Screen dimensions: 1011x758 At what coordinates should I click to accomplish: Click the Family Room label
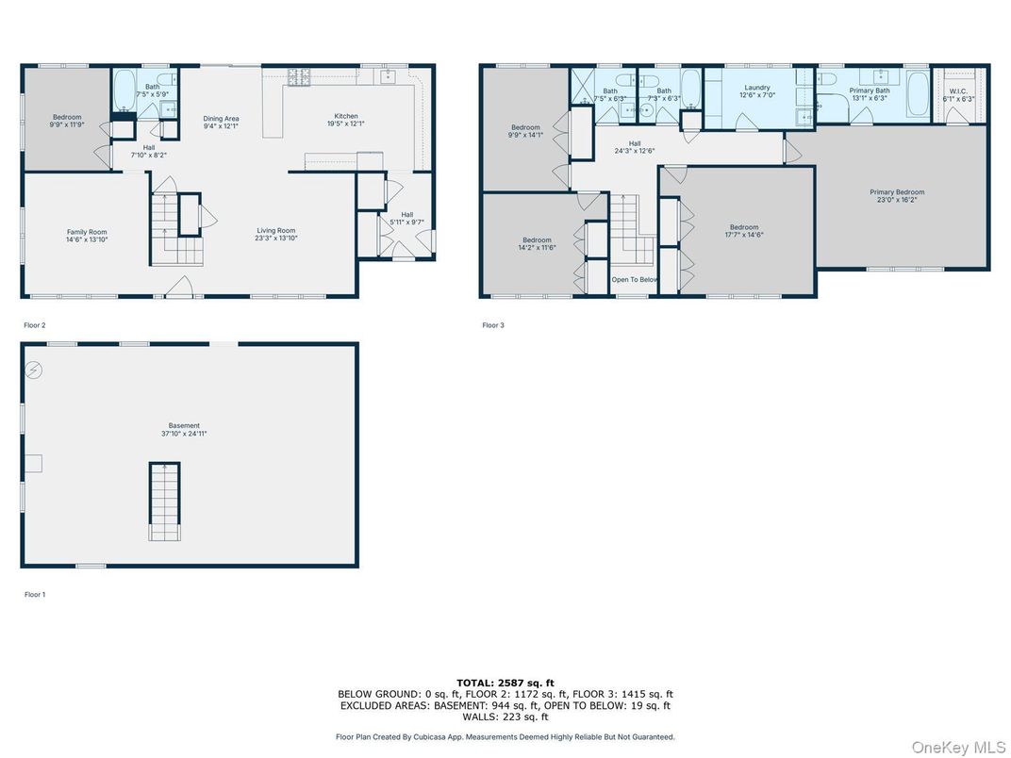pos(87,232)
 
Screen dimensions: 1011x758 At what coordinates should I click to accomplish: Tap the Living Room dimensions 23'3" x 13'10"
pos(276,239)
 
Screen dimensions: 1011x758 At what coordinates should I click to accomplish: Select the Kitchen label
pos(346,116)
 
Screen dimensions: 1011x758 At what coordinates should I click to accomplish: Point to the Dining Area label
pos(221,119)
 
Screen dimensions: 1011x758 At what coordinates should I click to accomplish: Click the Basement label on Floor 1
pos(185,425)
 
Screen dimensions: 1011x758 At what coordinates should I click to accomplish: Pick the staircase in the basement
pos(165,501)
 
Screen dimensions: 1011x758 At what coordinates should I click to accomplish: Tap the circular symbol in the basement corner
pos(34,370)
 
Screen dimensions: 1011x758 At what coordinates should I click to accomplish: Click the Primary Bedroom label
pos(897,192)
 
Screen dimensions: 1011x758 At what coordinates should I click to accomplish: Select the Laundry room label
pos(757,88)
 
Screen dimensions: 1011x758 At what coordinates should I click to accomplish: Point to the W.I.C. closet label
pos(958,91)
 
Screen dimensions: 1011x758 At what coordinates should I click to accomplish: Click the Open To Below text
pos(635,280)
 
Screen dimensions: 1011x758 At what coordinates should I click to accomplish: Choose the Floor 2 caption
pos(35,325)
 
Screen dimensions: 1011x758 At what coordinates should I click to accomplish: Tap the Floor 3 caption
pos(493,325)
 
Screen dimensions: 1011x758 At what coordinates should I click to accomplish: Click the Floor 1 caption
pos(35,594)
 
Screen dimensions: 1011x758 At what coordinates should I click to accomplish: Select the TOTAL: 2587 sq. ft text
pos(505,684)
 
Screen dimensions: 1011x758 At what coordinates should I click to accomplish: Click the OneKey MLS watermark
pos(957,747)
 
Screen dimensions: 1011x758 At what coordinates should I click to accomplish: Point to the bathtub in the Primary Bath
pos(919,94)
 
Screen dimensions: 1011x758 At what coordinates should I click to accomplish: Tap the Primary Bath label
pos(870,91)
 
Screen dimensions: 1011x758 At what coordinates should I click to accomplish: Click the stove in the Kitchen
pos(299,76)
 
